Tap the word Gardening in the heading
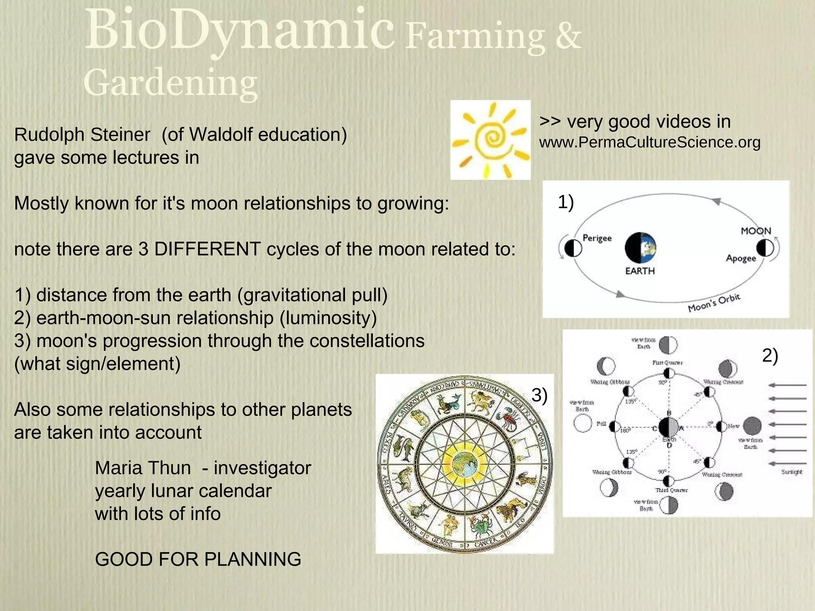point(170,83)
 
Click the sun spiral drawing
point(491,140)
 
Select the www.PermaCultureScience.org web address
point(649,142)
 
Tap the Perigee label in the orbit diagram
point(597,238)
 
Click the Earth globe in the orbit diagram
point(640,248)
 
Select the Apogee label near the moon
point(741,258)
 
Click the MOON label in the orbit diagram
point(756,231)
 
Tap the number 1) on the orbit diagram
point(565,202)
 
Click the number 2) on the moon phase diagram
point(770,355)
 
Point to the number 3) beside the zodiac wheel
point(540,395)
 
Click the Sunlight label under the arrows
point(792,472)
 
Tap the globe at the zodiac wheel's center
point(464,463)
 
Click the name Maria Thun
point(142,468)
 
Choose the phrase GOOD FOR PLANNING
point(198,560)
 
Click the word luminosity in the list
point(328,318)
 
